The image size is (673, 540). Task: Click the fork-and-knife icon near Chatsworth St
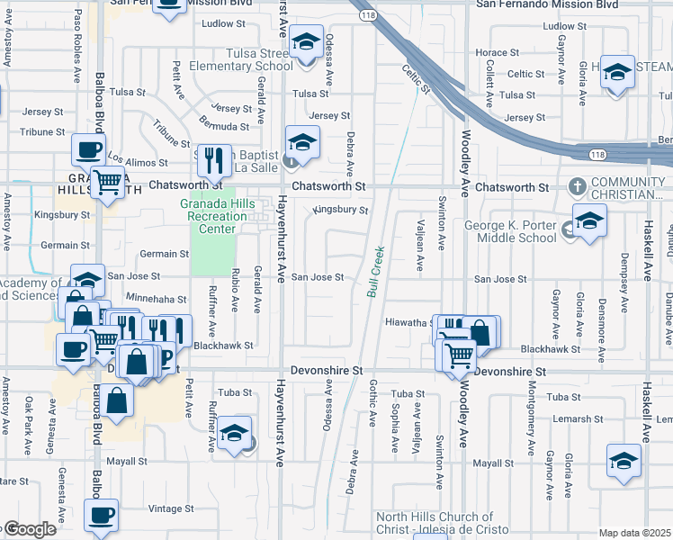tap(213, 160)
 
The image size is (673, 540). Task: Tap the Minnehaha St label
tap(157, 299)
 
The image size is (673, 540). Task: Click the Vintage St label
tap(165, 508)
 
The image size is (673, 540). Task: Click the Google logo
tap(29, 529)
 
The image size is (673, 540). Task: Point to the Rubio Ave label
tap(234, 292)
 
